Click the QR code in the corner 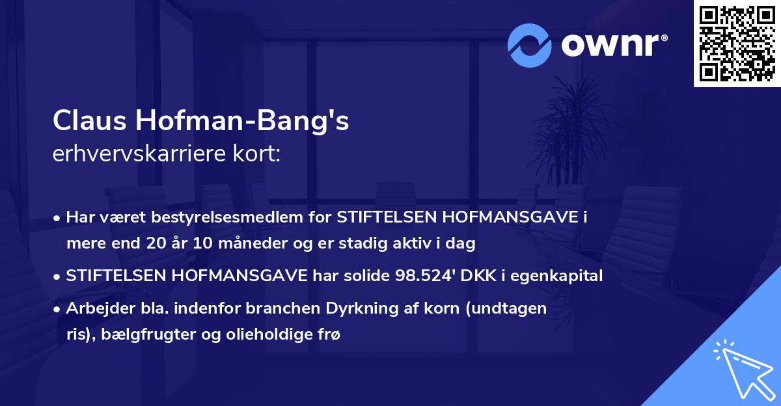pyautogui.click(x=737, y=44)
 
